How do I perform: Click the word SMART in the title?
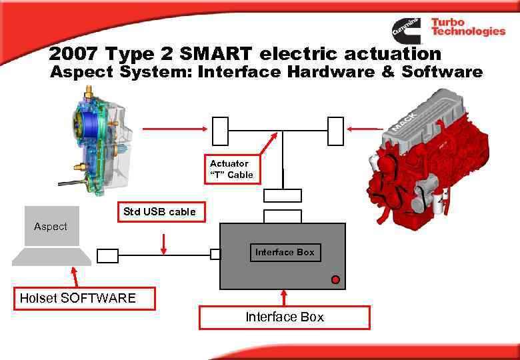pos(220,53)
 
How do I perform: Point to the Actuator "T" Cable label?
pos(231,169)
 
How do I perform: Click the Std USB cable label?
pos(160,212)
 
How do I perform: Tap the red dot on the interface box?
pos(335,279)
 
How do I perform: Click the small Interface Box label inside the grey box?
pos(285,252)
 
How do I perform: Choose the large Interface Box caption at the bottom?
pos(285,317)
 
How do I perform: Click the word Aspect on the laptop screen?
pos(51,227)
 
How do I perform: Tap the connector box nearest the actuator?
pos(220,131)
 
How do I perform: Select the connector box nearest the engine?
pos(335,131)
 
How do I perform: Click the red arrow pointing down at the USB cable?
pos(164,243)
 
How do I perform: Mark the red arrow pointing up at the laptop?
pos(75,276)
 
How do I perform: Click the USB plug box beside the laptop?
pos(107,255)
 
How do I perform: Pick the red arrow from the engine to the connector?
pos(363,129)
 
